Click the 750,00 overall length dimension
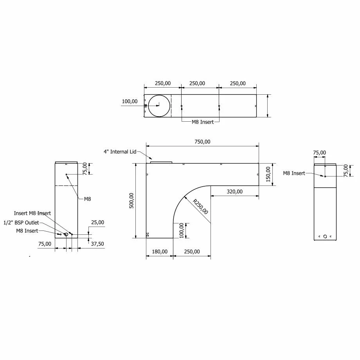click(x=202, y=142)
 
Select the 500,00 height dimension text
click(x=131, y=200)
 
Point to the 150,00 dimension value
click(x=268, y=174)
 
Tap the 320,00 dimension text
click(x=234, y=191)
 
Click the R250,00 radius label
click(x=200, y=207)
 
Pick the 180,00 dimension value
click(x=160, y=252)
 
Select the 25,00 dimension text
click(x=97, y=222)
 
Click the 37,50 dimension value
click(x=97, y=244)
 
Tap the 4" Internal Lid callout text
click(x=120, y=152)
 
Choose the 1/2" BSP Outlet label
click(x=21, y=223)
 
